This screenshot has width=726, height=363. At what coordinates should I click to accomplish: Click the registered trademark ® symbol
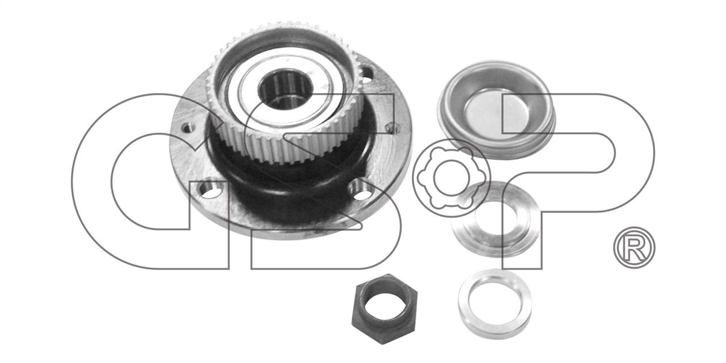(634, 248)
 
